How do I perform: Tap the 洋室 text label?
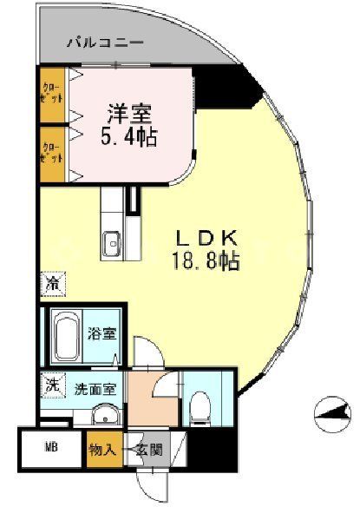(131, 112)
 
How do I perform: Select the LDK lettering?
(206, 236)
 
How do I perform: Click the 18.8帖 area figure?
(206, 258)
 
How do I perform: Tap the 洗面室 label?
(95, 390)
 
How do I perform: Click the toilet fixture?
(200, 405)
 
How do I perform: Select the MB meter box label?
(51, 449)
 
